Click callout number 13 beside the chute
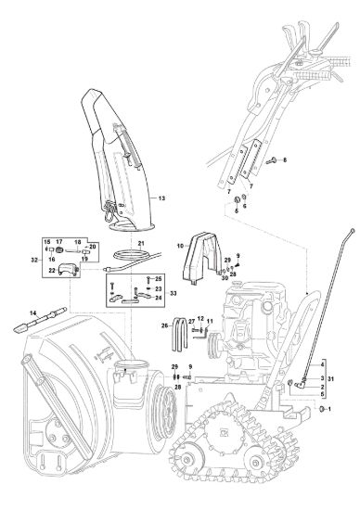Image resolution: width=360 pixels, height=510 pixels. pyautogui.click(x=161, y=198)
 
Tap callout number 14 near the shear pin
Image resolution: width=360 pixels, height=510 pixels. pyautogui.click(x=32, y=312)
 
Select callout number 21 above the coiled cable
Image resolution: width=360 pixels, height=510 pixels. pyautogui.click(x=141, y=243)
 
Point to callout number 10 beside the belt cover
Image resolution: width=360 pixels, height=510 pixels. pyautogui.click(x=180, y=246)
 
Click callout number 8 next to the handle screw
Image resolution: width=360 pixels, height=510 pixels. pyautogui.click(x=285, y=160)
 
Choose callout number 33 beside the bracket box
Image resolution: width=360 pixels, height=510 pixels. pyautogui.click(x=174, y=293)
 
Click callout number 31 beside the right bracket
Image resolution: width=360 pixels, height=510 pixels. pyautogui.click(x=330, y=379)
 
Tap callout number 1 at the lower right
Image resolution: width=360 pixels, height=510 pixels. pyautogui.click(x=329, y=409)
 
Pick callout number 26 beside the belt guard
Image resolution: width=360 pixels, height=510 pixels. pyautogui.click(x=165, y=325)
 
